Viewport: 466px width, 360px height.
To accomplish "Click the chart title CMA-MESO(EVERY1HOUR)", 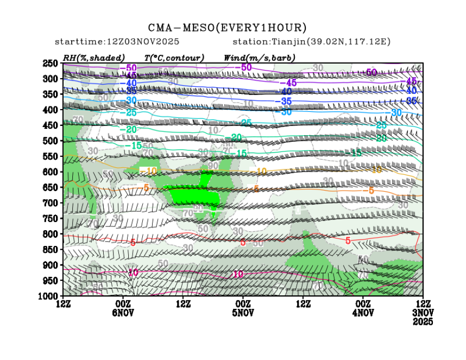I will [228, 27].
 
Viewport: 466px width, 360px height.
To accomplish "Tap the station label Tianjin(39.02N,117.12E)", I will [311, 42].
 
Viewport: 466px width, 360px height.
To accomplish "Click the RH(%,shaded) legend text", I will [93, 58].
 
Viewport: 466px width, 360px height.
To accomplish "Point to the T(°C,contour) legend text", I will [174, 58].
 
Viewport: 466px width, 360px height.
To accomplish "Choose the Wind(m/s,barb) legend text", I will [259, 58].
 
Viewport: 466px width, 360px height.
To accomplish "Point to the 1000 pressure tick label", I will [48, 296].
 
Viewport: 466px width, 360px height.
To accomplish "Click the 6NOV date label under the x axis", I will [123, 313].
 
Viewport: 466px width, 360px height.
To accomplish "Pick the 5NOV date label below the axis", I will [243, 313].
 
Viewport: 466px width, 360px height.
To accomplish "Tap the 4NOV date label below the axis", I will [363, 313].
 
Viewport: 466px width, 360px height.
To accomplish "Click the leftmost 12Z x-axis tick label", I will [64, 304].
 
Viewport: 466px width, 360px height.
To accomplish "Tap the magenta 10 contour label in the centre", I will [237, 274].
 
